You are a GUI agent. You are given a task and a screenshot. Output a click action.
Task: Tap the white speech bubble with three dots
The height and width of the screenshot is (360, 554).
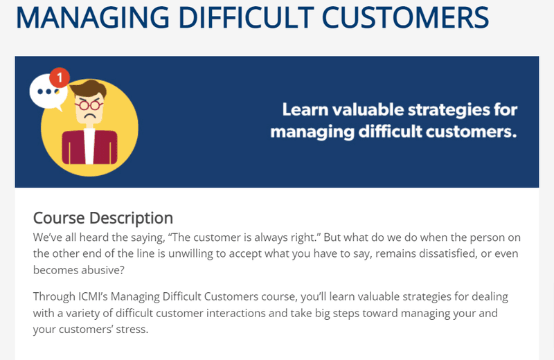(46, 92)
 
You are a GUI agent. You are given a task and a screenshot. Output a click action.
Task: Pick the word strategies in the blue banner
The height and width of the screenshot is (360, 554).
(446, 109)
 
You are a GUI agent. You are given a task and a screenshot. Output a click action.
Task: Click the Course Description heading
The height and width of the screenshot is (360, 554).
(103, 217)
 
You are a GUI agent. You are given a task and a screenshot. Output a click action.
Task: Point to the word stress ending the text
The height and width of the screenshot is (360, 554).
(130, 329)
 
